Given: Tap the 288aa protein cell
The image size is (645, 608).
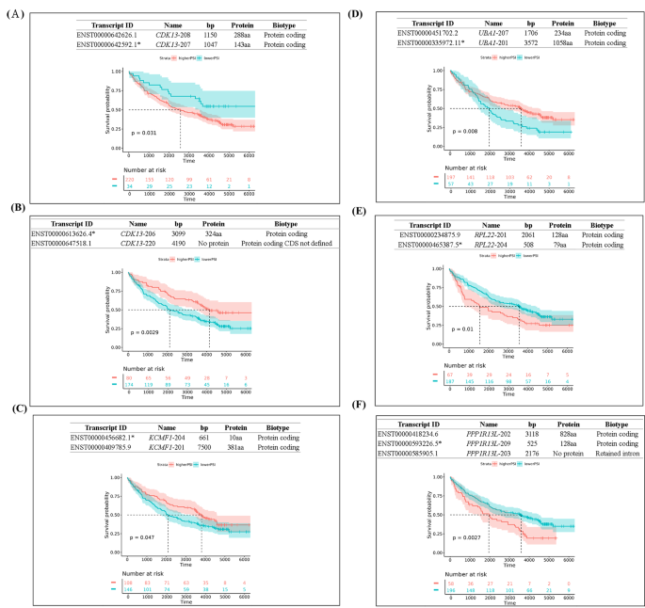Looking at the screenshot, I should [243, 35].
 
